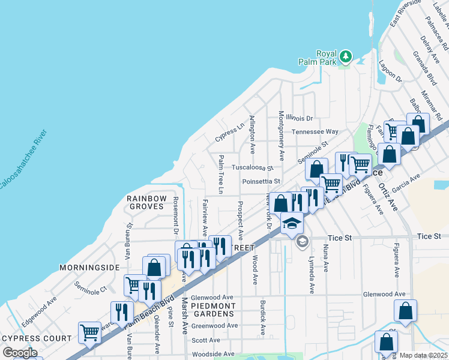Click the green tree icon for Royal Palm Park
tap(345, 57)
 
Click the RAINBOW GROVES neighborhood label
tap(145, 202)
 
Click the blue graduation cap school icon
tap(292, 223)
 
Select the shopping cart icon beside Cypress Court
tap(89, 331)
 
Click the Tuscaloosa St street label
tap(253, 168)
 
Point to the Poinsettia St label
tap(261, 181)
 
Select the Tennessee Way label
tap(315, 131)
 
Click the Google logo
tap(20, 353)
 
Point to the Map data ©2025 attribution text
tap(423, 355)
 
